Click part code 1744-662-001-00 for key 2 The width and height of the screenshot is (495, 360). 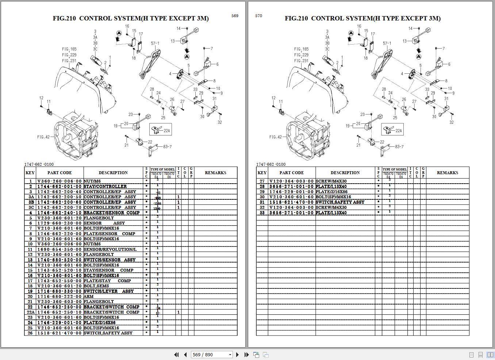60,186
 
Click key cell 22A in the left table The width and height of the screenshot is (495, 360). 30,312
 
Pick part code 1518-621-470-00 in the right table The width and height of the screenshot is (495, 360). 291,202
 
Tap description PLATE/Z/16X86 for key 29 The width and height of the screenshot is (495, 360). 331,192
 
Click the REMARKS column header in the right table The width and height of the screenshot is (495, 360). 447,173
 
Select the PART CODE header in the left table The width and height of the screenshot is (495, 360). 60,173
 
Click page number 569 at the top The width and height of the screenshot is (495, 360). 235,16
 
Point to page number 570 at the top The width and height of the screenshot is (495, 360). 258,16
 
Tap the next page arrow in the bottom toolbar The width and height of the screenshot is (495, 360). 237,355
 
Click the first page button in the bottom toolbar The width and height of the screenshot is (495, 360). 177,355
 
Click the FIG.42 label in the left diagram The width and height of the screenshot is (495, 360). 43,137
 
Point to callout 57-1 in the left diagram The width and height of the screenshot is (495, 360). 155,43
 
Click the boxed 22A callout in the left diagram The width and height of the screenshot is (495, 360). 161,129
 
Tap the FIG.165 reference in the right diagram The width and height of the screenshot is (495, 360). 301,49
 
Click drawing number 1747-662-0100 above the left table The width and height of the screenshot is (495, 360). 39,164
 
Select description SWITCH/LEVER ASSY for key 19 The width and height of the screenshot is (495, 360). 108,291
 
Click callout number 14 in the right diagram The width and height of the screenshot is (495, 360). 410,28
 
